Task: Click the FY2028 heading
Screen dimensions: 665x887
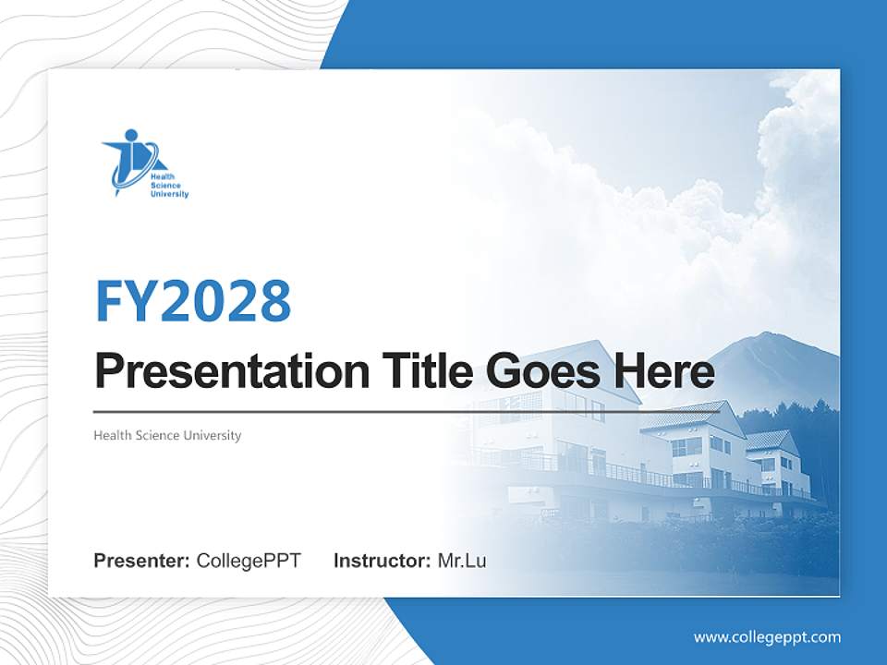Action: [193, 300]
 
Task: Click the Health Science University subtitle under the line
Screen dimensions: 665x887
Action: [167, 435]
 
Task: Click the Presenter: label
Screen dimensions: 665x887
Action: [142, 561]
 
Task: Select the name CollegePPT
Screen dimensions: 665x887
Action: [249, 561]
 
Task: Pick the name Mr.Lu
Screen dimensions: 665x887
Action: [462, 561]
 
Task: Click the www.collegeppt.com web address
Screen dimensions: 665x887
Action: [767, 636]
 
